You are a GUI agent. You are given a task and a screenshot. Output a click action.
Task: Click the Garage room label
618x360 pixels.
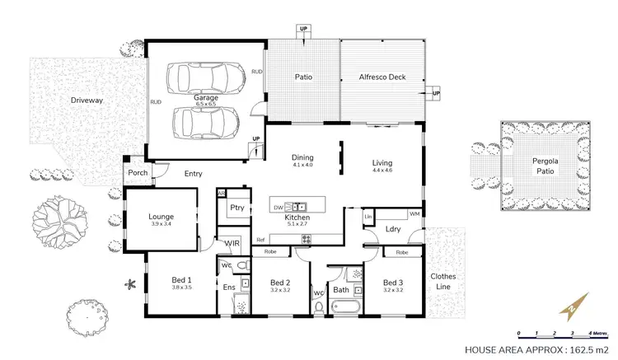click(x=205, y=98)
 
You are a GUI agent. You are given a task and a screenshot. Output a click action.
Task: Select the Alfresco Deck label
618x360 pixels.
click(x=380, y=77)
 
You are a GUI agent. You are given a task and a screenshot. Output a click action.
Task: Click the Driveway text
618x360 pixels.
click(x=86, y=101)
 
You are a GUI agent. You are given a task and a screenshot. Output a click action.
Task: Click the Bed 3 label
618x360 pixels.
click(x=393, y=282)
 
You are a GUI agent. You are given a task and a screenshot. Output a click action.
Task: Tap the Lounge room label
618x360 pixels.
click(x=161, y=217)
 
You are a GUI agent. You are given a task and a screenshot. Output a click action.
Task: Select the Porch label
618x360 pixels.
click(x=137, y=174)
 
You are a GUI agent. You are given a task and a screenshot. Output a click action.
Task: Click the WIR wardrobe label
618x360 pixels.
click(x=232, y=243)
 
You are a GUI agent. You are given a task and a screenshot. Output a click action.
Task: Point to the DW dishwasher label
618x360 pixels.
click(x=279, y=207)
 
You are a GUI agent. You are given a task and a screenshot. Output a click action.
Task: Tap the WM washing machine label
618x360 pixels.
click(x=414, y=214)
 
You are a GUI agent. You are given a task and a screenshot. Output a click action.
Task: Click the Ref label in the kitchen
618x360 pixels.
click(x=260, y=240)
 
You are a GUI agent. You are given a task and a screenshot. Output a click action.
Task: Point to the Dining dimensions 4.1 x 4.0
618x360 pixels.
click(x=302, y=165)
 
